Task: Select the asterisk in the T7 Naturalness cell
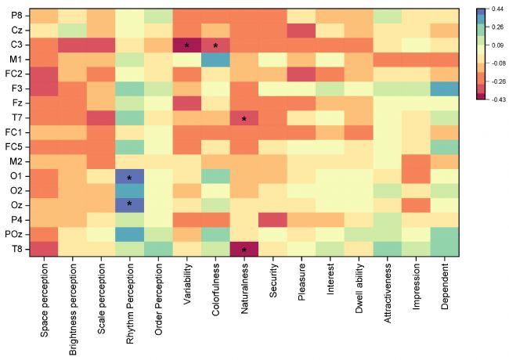pos(244,119)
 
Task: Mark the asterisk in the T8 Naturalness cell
pos(244,250)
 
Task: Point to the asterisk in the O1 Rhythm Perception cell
pos(129,178)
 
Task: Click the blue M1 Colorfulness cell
pos(215,59)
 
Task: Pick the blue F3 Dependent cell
pos(445,88)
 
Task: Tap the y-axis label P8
pos(16,16)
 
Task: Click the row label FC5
pos(13,147)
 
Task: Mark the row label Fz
pos(16,103)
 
